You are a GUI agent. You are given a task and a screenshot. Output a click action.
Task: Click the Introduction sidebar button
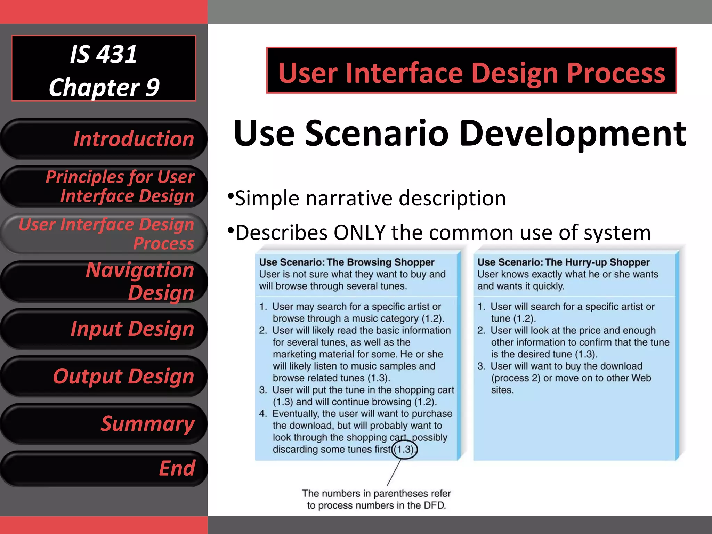104,139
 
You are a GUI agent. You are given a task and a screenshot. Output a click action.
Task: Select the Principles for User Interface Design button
104,187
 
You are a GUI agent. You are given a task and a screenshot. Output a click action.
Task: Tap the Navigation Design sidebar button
104,281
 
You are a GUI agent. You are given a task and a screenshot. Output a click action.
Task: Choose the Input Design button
104,329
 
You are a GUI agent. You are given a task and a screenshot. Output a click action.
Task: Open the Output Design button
104,376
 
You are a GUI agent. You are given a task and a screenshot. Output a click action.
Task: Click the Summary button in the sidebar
104,424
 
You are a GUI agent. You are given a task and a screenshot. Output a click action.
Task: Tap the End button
104,468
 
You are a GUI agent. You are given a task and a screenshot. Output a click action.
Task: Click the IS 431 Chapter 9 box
104,68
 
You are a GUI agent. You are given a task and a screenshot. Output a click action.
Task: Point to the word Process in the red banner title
616,73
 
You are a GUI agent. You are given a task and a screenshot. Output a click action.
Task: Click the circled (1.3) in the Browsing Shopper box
404,450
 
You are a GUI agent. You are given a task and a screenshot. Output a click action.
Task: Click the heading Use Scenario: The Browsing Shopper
347,262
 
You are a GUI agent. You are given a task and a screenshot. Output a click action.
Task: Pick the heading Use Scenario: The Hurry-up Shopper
563,262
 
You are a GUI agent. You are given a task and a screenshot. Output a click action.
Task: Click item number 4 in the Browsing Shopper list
263,414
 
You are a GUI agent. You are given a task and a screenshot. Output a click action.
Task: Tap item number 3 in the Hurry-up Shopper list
481,366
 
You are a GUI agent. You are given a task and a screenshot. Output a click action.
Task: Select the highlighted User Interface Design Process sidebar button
104,234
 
